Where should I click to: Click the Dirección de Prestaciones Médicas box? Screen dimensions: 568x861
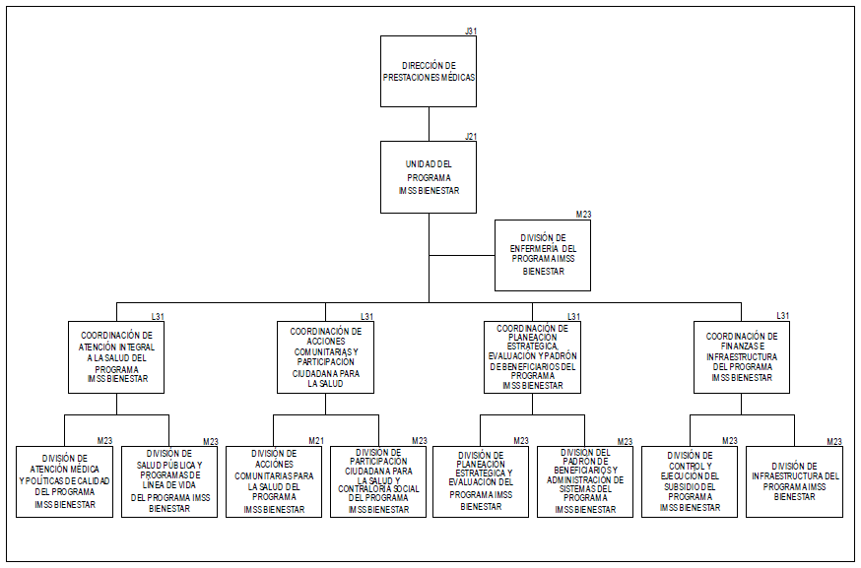click(x=429, y=71)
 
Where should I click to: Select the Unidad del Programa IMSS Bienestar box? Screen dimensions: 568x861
click(x=429, y=177)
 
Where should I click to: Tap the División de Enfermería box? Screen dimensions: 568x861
click(x=543, y=255)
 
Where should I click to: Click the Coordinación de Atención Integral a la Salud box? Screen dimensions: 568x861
click(x=115, y=357)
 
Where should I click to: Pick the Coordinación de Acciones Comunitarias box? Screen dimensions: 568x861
click(x=324, y=357)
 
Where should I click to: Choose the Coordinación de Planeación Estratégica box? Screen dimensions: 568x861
click(x=532, y=357)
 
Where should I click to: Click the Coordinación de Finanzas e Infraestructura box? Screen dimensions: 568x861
click(x=741, y=357)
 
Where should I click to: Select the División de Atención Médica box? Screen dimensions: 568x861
click(x=64, y=481)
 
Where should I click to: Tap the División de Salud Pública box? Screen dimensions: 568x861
click(x=168, y=481)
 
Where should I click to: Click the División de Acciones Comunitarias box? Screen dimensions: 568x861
click(x=273, y=481)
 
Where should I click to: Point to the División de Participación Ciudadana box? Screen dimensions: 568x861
click(x=377, y=481)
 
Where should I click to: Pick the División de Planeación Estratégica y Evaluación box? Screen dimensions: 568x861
click(x=481, y=481)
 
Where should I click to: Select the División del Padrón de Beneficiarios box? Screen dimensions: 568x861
click(x=585, y=481)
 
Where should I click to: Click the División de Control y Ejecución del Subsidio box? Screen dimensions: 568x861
click(x=690, y=481)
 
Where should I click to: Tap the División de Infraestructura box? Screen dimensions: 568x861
click(x=794, y=481)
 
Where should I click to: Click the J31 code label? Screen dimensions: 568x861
click(x=471, y=32)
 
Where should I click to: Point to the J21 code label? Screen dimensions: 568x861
click(x=471, y=137)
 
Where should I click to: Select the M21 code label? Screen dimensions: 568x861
click(x=316, y=440)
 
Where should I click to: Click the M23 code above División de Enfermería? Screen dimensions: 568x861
click(x=583, y=215)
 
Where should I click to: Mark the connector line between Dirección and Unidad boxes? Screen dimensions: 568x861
click(x=429, y=124)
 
